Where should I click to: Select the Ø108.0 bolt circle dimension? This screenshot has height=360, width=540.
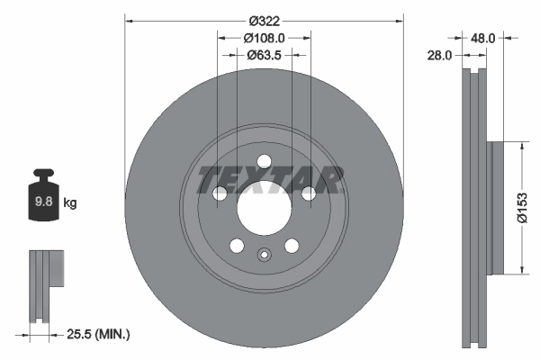[x=265, y=39]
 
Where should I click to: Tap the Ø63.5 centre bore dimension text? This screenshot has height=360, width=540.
[x=265, y=55]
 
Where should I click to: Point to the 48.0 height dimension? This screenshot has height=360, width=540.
[x=483, y=39]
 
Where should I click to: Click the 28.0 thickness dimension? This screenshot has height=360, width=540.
[x=440, y=56]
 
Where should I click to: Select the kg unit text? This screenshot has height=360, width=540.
[x=70, y=203]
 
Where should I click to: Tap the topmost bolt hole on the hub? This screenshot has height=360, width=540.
[x=264, y=162]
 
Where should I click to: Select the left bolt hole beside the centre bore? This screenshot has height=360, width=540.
[x=220, y=193]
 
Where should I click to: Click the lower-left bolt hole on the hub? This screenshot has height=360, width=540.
[x=237, y=246]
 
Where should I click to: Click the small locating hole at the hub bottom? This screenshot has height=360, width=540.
[x=264, y=255]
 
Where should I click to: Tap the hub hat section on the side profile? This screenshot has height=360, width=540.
[x=495, y=207]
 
